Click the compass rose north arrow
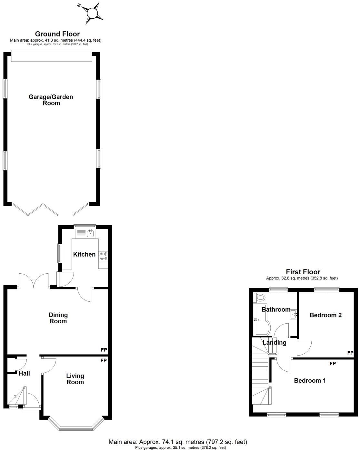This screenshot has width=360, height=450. [92, 13]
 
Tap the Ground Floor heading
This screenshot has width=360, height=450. [57, 34]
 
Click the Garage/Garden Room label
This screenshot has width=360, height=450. [51, 100]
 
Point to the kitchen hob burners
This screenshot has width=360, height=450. [104, 256]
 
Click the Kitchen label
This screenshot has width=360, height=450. [84, 254]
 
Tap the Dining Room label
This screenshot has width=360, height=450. [58, 318]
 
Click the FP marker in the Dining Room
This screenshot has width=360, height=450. [104, 350]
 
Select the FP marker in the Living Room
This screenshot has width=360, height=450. [104, 360]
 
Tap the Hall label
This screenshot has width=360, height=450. [24, 373]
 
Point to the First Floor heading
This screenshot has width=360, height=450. [303, 272]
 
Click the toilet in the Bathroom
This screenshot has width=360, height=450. [260, 297]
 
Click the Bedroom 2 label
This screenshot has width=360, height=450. [325, 315]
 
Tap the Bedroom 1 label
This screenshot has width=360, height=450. [310, 380]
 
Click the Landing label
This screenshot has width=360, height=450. [275, 342]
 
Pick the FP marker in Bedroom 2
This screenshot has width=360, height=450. [350, 353]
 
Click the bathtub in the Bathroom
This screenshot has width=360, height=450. [260, 319]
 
